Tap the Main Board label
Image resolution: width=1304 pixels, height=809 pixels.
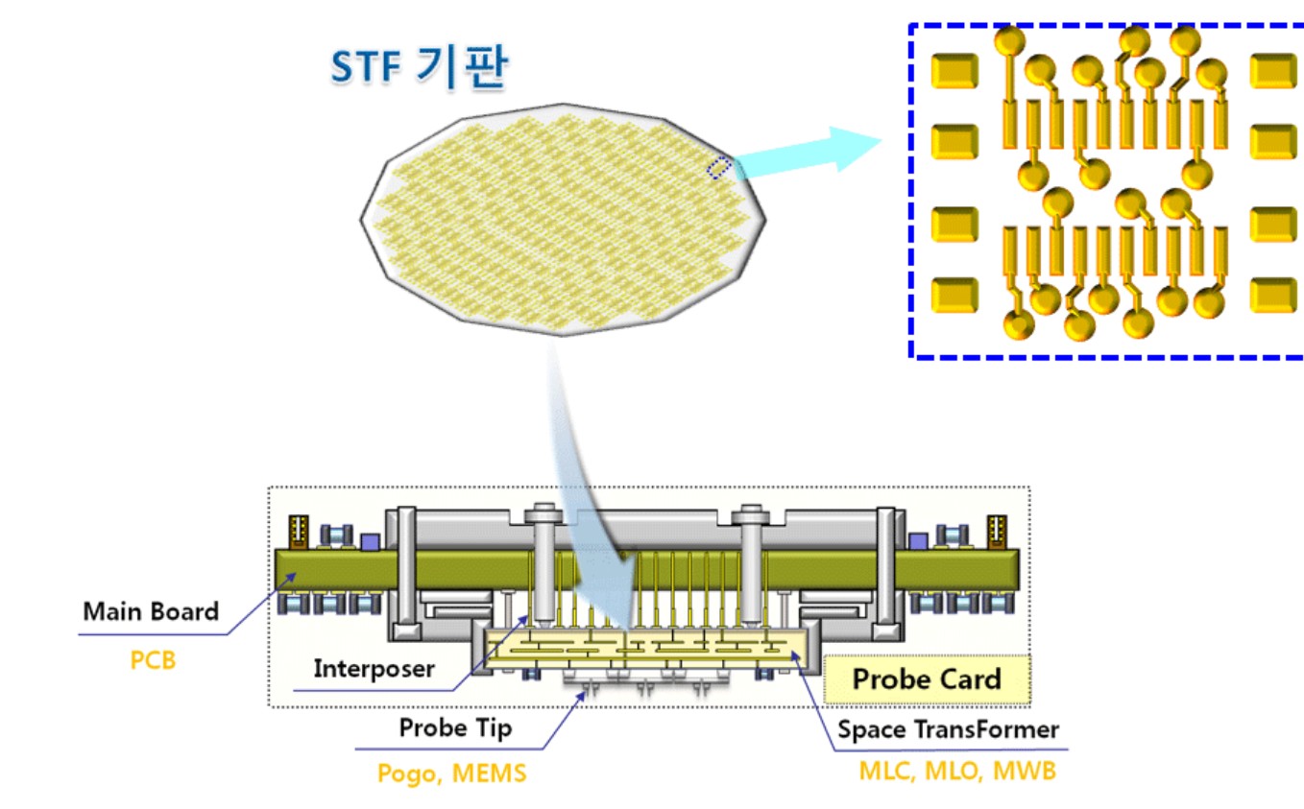click(x=151, y=611)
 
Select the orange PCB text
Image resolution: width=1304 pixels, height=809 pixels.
click(x=153, y=660)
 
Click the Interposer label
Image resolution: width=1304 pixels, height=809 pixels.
click(x=374, y=668)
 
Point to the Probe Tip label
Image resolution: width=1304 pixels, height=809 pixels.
click(x=455, y=727)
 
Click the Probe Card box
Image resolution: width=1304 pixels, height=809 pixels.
click(x=927, y=679)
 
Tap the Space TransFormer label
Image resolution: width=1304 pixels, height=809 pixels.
click(x=948, y=729)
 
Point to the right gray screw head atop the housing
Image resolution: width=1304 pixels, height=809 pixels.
click(x=750, y=514)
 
